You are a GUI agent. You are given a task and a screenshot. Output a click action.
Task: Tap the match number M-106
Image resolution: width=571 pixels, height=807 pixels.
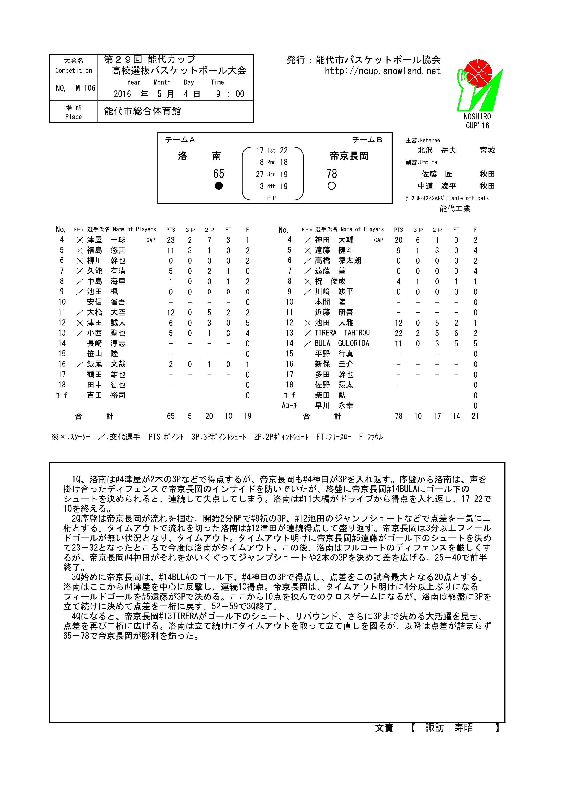[x=85, y=88]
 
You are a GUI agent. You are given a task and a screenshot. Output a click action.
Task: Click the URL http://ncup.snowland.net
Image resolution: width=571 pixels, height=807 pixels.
[x=382, y=71]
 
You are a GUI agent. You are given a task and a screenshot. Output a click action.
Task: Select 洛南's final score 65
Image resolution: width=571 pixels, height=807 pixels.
[x=219, y=174]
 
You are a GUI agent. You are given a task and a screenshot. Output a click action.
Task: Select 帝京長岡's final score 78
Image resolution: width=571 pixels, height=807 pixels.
[x=332, y=174]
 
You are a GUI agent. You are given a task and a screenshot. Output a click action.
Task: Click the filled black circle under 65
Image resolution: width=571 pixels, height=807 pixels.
[x=219, y=186]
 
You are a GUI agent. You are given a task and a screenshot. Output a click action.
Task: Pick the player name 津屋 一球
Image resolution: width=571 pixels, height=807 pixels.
[x=106, y=240]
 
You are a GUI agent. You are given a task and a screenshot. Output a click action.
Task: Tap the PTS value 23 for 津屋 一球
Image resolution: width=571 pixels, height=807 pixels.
[x=171, y=240]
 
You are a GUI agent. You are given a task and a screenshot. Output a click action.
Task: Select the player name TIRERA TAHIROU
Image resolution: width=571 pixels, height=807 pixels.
[x=342, y=333]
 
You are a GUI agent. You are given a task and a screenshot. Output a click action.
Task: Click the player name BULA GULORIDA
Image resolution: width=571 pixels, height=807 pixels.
[x=342, y=343]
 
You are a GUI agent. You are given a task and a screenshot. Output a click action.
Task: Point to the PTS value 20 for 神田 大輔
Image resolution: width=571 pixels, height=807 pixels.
[x=398, y=240]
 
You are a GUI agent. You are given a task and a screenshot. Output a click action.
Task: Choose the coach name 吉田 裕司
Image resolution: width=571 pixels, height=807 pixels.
[x=106, y=395]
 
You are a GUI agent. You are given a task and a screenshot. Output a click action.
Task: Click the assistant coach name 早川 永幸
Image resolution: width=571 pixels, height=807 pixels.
[x=334, y=406]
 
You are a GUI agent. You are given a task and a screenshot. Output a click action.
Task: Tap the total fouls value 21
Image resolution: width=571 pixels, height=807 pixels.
[x=475, y=416]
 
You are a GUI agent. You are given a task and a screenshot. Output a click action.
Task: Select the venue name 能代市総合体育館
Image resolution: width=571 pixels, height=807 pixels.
[x=142, y=111]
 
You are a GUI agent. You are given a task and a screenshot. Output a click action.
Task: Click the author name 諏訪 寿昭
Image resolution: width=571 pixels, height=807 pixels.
[x=449, y=728]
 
